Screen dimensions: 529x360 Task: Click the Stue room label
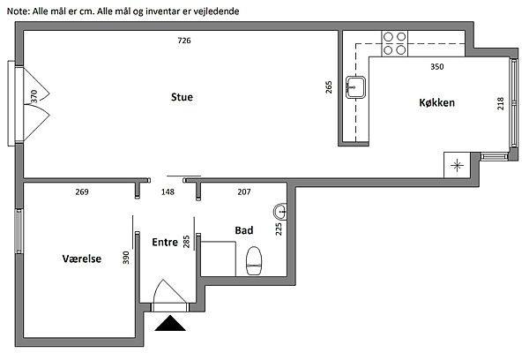point(182,97)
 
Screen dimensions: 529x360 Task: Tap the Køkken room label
point(437,102)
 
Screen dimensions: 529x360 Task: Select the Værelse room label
point(82,259)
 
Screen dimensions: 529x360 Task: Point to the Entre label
point(165,242)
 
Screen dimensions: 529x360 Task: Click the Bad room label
point(244,230)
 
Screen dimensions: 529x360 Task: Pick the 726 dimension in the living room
point(184,41)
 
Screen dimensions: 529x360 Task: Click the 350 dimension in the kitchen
point(437,66)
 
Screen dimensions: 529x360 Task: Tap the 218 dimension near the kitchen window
point(500,103)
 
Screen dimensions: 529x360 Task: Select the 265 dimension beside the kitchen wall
point(329,87)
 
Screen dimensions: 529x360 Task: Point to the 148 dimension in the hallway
point(168,191)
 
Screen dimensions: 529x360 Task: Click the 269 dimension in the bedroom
point(82,191)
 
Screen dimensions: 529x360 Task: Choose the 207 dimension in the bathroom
point(244,191)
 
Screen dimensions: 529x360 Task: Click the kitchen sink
point(355,87)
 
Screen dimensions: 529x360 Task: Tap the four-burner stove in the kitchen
point(395,43)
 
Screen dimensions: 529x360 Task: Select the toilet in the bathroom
point(254,260)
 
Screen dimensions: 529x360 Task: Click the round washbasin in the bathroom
point(280,212)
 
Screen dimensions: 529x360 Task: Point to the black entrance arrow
point(170,323)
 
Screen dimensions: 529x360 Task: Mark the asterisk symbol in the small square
point(457,166)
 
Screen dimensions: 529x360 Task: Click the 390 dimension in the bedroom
point(126,258)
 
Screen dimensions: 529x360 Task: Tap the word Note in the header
point(19,11)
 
